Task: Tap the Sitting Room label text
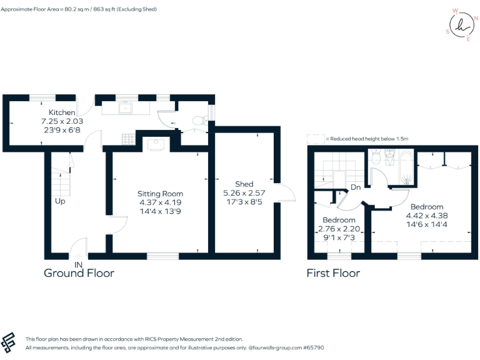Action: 160,194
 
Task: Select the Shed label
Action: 244,184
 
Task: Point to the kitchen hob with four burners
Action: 129,138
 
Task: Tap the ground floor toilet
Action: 199,121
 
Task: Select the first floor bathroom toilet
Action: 376,159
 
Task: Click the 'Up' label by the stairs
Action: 60,201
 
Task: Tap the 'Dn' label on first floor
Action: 355,187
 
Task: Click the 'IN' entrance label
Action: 79,265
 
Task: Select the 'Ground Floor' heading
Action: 79,273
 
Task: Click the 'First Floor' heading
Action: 333,273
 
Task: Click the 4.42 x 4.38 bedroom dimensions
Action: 427,216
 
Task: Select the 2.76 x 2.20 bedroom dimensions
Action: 338,229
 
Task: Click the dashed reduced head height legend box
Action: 316,139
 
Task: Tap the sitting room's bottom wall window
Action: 162,256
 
